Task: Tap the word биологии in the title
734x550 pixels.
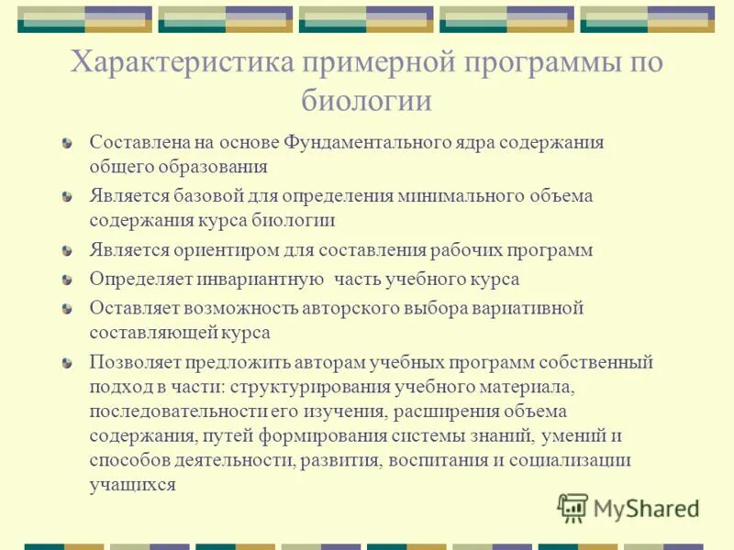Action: tap(366, 99)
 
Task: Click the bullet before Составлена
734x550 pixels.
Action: tap(66, 144)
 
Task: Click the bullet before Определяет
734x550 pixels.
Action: tap(66, 280)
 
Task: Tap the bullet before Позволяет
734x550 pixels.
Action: tap(66, 363)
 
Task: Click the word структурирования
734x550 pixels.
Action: tap(317, 387)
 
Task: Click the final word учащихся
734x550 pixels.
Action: tap(132, 485)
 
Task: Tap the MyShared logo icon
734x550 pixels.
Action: tap(573, 508)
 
